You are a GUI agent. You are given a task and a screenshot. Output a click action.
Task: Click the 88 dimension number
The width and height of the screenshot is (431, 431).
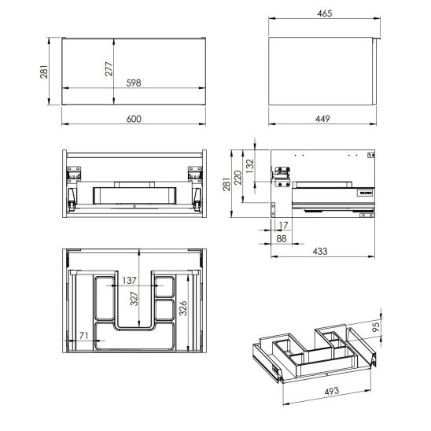click(282, 238)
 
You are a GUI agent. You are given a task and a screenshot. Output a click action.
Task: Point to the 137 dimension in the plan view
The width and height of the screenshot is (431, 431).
click(130, 280)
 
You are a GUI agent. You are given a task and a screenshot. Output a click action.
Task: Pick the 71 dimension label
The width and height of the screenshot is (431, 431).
click(81, 335)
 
